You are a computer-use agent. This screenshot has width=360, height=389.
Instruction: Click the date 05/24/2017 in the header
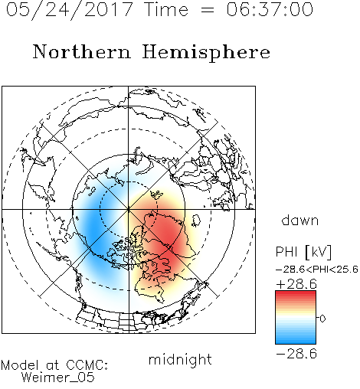click(x=70, y=10)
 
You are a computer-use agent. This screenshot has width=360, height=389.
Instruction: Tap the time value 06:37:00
click(x=270, y=9)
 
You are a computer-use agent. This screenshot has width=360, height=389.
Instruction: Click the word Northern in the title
click(x=82, y=51)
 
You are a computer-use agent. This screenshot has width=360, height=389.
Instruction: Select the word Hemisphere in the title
click(x=206, y=53)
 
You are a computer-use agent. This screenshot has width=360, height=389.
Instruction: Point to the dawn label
click(x=300, y=220)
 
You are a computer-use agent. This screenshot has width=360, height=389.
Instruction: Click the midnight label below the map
click(x=180, y=360)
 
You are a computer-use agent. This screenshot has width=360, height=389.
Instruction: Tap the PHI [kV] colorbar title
click(x=303, y=252)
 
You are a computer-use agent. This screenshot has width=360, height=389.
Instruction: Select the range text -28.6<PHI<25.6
click(x=317, y=270)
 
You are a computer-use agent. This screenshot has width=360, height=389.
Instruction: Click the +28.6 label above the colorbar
click(x=296, y=284)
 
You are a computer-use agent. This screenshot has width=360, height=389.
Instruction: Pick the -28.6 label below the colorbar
click(x=296, y=354)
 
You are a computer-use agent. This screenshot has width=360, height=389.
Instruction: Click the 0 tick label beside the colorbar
click(x=322, y=319)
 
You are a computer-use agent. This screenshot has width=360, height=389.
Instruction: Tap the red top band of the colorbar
click(x=296, y=294)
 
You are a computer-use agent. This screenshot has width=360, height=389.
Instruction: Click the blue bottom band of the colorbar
click(x=296, y=341)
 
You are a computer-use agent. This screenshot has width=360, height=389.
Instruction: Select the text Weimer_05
click(x=58, y=378)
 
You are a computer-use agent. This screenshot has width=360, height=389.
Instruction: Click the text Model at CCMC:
click(x=54, y=365)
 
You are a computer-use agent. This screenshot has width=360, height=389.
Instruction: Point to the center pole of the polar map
click(x=129, y=209)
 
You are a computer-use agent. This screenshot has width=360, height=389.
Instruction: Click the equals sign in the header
click(x=208, y=10)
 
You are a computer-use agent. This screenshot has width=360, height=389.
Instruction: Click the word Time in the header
click(x=166, y=9)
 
